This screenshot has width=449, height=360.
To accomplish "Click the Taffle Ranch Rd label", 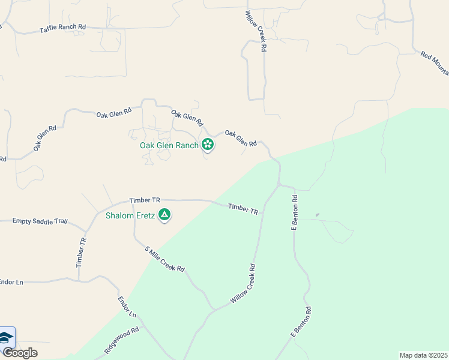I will (x=63, y=28).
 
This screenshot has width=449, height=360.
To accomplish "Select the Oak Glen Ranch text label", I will (x=169, y=145).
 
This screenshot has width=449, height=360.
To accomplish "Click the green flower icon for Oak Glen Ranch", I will (x=207, y=144).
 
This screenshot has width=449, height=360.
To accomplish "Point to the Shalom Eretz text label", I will (x=130, y=215).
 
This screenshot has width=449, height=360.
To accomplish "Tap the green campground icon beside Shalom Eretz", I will (x=164, y=215).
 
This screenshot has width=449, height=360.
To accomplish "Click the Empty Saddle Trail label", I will (x=40, y=221).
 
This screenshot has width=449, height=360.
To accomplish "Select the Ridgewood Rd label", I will (x=121, y=340).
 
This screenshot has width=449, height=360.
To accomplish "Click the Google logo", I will (x=20, y=353).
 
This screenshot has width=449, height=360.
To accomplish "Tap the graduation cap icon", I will (x=6, y=338).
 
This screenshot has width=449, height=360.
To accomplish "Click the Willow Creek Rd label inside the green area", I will (x=243, y=284).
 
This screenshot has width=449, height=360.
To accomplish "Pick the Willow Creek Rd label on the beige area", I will (x=255, y=30).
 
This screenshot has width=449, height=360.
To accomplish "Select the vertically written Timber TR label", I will (x=82, y=252).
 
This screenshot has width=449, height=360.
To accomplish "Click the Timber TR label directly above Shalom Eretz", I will (x=145, y=200).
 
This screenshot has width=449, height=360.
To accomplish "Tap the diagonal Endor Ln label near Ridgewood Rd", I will (x=127, y=307).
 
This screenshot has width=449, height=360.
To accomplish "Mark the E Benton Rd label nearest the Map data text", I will (x=301, y=322).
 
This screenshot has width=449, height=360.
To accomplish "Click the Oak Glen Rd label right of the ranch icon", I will (x=241, y=138).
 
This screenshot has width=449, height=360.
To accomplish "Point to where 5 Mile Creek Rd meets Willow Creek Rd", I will (x=214, y=309).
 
